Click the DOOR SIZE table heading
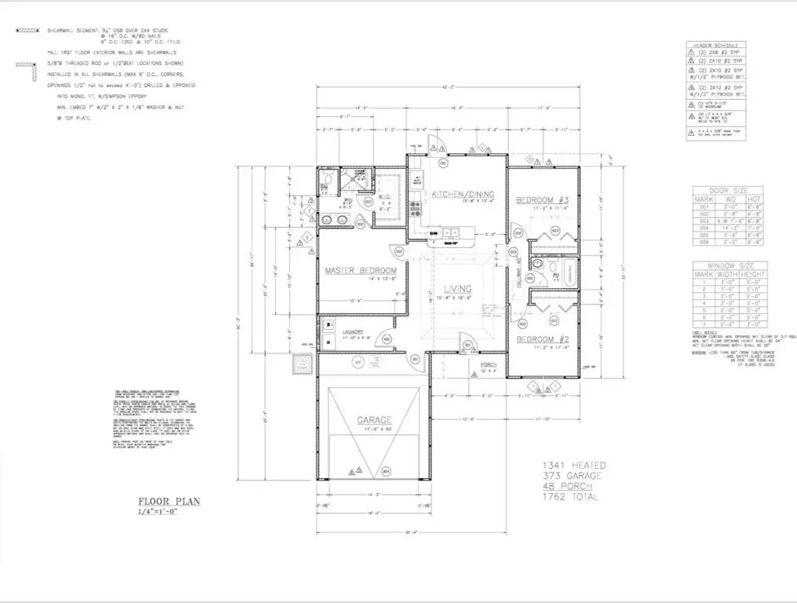pyautogui.click(x=726, y=189)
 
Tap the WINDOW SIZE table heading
pyautogui.click(x=726, y=267)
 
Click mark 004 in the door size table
pyautogui.click(x=703, y=228)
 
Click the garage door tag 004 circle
pyautogui.click(x=386, y=472)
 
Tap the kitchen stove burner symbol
pyautogui.click(x=415, y=210)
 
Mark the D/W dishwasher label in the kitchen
pyautogui.click(x=433, y=233)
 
